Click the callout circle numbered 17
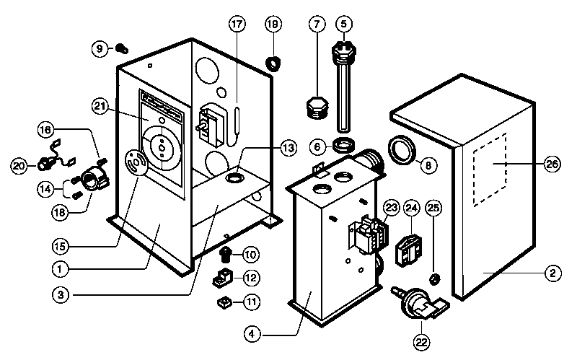[237, 25]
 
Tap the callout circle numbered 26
[552, 164]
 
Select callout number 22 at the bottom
[422, 343]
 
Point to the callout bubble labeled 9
[100, 48]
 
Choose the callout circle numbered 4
[252, 334]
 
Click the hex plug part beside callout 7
[317, 107]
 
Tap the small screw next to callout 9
[121, 48]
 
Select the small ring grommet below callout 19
[273, 63]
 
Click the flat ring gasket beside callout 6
[344, 145]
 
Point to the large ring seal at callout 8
[402, 149]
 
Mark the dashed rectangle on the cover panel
[490, 170]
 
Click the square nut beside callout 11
[225, 303]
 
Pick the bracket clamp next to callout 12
[222, 278]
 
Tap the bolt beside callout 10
[225, 255]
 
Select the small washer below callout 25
[435, 278]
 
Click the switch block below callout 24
[408, 250]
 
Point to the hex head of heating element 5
[344, 52]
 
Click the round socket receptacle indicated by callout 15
[137, 163]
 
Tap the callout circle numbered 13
[288, 148]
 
